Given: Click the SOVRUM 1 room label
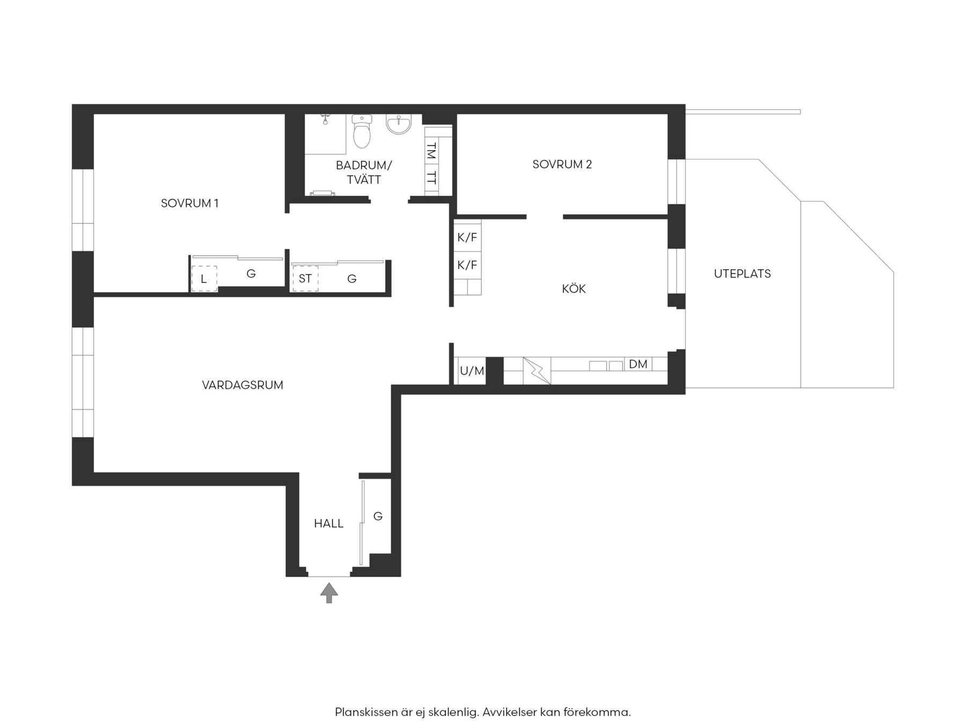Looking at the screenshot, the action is (x=189, y=203).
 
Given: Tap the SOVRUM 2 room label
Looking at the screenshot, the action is (x=562, y=165).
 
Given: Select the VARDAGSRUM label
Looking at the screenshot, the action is (x=243, y=385).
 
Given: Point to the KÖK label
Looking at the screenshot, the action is (x=574, y=289).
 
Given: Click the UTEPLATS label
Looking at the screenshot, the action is (x=742, y=274).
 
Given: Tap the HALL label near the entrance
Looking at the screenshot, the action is (x=328, y=523).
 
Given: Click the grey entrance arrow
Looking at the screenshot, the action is (x=329, y=593).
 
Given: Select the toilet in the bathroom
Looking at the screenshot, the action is (x=362, y=131).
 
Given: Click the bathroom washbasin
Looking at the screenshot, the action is (x=398, y=124).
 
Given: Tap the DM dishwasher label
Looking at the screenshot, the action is (x=638, y=364).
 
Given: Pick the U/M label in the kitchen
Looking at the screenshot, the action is (x=472, y=371).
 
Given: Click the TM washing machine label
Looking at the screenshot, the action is (x=431, y=151).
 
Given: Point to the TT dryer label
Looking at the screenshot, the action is (x=431, y=178).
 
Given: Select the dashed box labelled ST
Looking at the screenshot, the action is (x=305, y=278).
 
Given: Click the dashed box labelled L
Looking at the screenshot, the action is (x=204, y=279).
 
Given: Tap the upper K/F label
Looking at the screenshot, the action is (x=467, y=238).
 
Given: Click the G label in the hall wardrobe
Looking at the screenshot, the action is (x=378, y=516).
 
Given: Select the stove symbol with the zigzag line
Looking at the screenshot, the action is (x=537, y=371).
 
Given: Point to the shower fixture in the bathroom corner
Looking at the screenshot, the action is (x=325, y=119).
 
